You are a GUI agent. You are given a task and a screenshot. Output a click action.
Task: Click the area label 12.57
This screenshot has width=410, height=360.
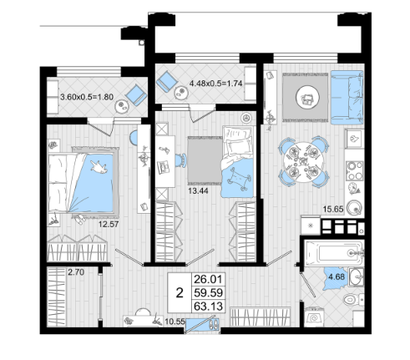[109, 224]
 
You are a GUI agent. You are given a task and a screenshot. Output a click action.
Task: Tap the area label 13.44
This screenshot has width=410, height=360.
[198, 190]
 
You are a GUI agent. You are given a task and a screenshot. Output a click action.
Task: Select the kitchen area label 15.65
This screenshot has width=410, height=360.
[333, 209]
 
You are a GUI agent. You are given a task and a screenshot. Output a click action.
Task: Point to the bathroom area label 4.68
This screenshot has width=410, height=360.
[337, 276]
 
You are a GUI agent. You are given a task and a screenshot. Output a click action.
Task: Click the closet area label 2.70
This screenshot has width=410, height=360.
[76, 271]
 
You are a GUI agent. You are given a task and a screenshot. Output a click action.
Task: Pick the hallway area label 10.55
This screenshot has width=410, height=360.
[175, 322]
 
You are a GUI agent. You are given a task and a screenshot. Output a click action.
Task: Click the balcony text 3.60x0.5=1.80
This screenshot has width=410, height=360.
[87, 97]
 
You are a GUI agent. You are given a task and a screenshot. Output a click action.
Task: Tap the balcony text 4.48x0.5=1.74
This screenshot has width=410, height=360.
[215, 84]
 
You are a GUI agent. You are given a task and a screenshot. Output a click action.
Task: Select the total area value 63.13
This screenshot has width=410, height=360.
[209, 307]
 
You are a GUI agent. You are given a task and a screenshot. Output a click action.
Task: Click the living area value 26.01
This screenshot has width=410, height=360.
[209, 279]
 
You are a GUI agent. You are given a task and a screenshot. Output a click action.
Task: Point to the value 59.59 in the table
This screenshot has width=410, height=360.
[209, 292]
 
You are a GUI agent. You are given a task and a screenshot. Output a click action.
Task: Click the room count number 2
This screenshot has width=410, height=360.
[180, 293]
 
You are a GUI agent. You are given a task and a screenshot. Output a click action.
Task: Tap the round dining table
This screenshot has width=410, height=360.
[304, 162]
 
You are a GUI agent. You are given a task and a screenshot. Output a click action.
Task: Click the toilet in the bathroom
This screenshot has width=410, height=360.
[353, 299]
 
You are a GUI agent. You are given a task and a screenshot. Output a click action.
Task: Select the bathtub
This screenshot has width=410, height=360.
[334, 253]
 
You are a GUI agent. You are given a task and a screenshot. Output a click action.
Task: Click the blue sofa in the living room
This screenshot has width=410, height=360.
[347, 97]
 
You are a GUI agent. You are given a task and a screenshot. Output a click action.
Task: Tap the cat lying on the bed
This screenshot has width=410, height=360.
[99, 167]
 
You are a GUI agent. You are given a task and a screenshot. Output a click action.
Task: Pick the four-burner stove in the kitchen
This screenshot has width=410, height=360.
[354, 170]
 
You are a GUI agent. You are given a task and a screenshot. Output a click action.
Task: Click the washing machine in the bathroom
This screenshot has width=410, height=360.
[313, 317]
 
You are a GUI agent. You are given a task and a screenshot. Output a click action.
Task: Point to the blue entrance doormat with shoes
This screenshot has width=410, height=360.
[202, 324]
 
